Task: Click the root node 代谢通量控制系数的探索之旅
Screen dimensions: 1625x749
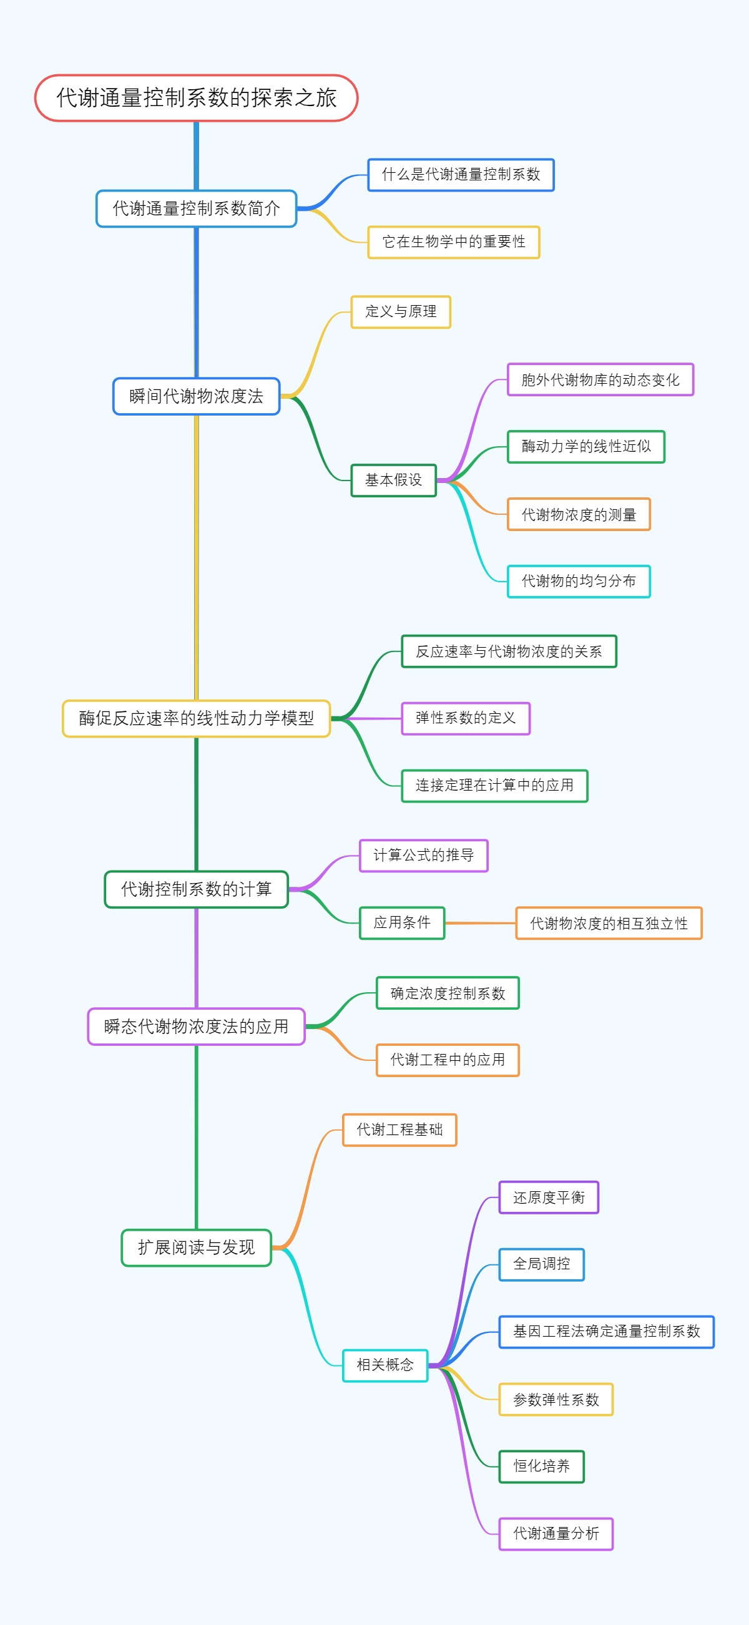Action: point(196,98)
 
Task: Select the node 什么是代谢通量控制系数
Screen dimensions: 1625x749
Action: point(461,175)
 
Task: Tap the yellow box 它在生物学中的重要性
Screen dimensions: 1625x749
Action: point(454,242)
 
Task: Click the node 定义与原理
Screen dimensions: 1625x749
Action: point(401,311)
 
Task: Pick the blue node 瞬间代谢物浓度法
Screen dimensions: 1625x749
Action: point(196,396)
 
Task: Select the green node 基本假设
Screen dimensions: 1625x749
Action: point(393,480)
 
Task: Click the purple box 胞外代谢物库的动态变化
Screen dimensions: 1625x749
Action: point(600,380)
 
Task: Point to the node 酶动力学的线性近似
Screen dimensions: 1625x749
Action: point(585,447)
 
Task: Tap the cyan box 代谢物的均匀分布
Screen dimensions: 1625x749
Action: point(579,581)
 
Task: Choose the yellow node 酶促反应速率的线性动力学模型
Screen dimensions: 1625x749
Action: point(196,718)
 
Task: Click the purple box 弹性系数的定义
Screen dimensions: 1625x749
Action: point(466,718)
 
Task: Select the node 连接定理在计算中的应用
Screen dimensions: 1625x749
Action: point(495,786)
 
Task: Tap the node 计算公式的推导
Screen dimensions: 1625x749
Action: point(423,856)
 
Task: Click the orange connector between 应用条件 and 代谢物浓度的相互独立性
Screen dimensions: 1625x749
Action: point(479,923)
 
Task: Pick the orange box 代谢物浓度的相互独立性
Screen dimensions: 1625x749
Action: point(609,924)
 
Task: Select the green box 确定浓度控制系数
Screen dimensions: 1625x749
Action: point(448,993)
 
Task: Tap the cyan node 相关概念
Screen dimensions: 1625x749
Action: point(385,1365)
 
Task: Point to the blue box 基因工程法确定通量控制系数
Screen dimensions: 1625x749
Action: point(606,1332)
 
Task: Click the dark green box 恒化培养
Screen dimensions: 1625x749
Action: point(541,1466)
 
